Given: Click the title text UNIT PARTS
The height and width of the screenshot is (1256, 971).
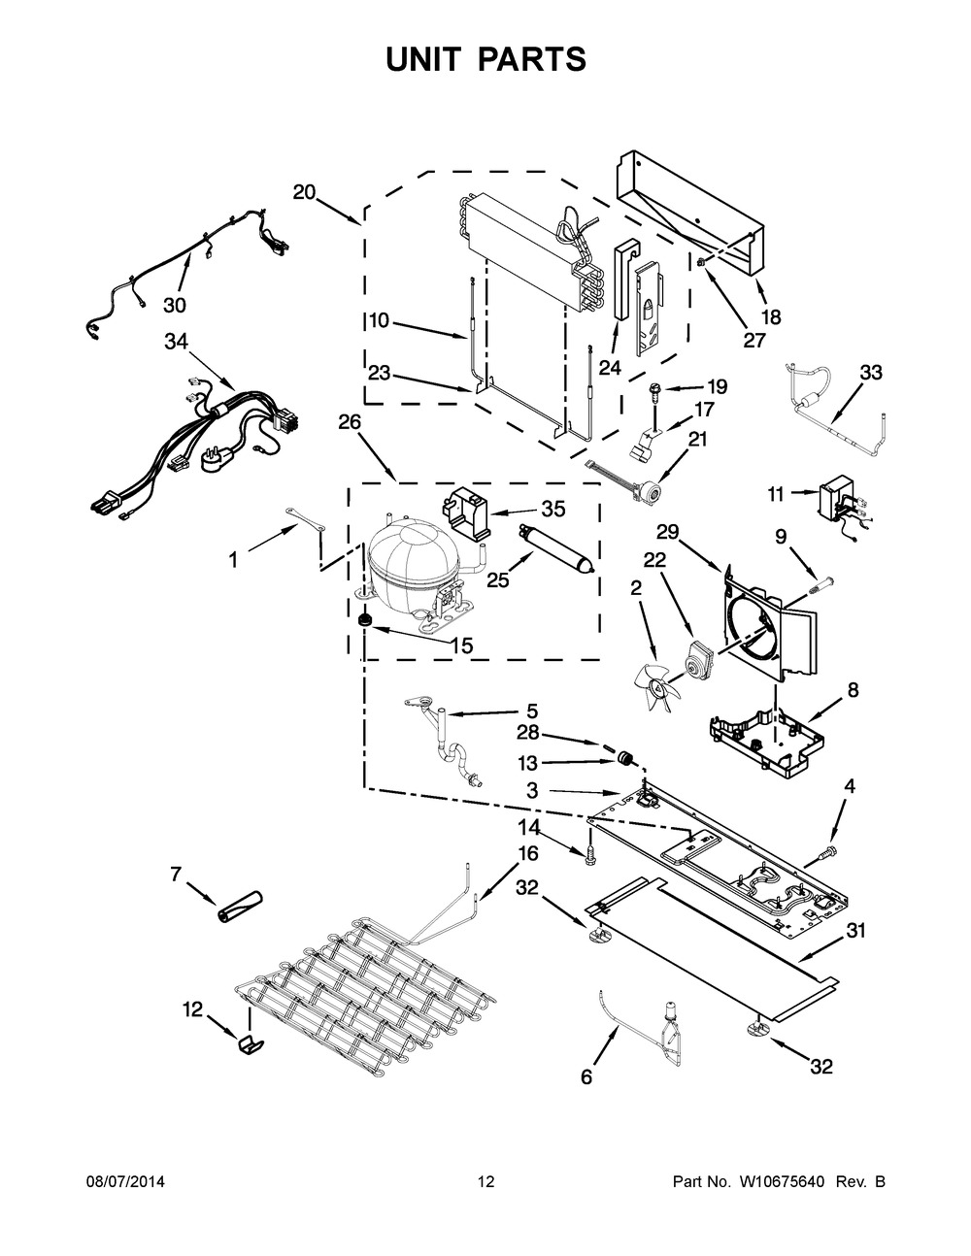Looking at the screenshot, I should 485,58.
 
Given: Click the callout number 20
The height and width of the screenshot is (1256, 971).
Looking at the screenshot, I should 304,192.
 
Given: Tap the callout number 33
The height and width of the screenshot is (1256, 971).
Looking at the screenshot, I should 871,373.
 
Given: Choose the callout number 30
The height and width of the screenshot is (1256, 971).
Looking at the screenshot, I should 174,305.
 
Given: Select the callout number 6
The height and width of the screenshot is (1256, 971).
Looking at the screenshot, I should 586,1077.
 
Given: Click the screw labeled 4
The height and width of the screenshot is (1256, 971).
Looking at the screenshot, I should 825,852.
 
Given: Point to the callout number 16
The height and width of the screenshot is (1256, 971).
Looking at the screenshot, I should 527,853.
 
